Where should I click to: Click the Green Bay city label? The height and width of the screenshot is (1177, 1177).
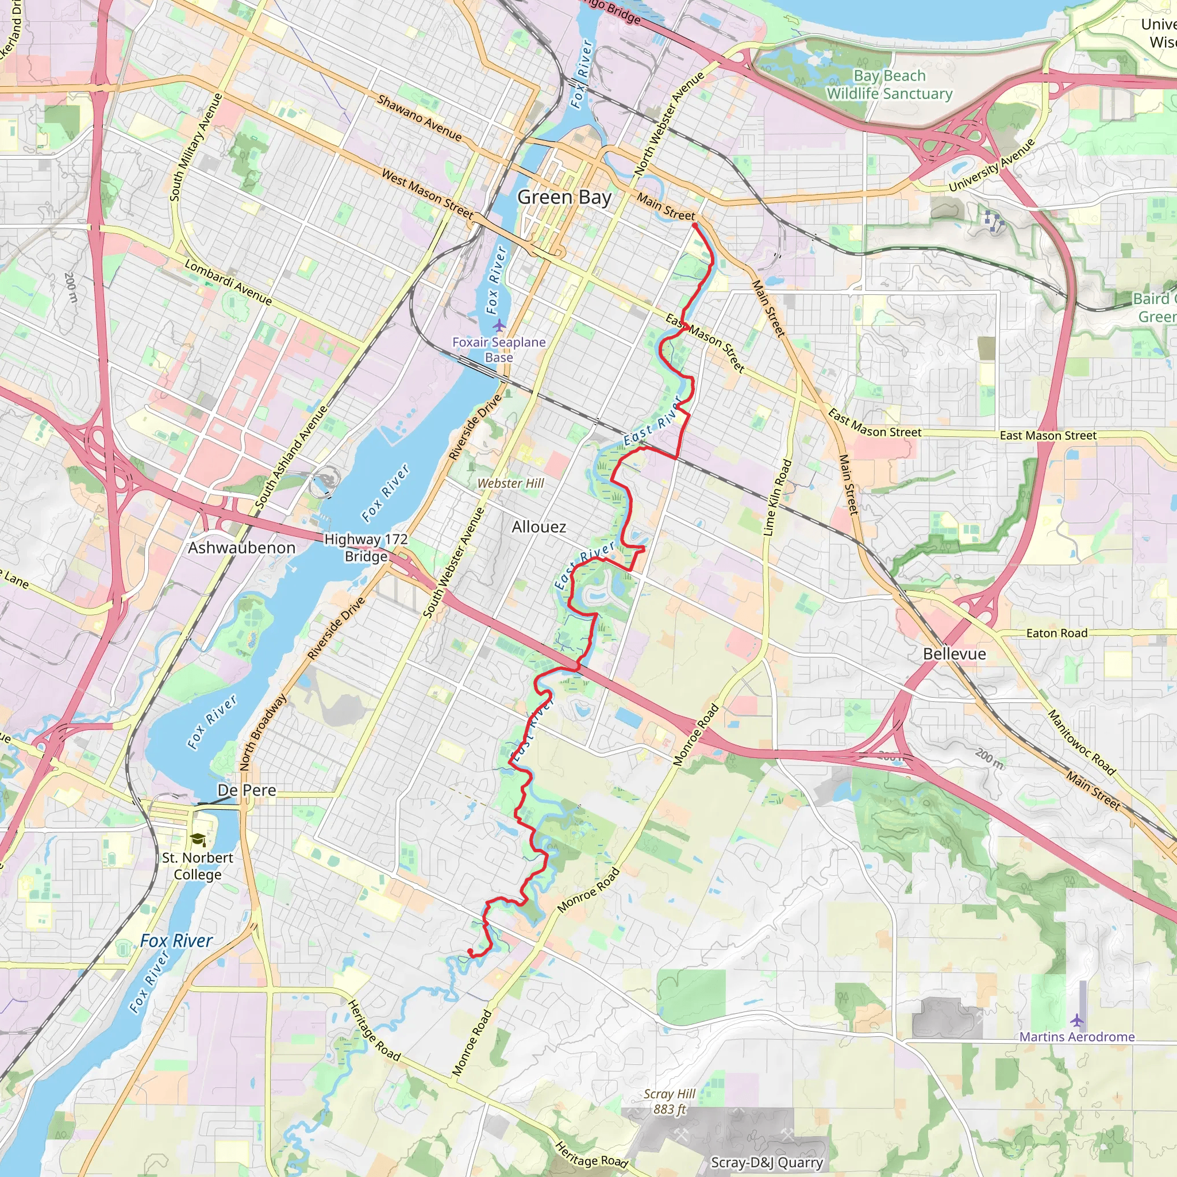coord(564,197)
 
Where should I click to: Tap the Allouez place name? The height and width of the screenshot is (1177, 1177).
coord(539,527)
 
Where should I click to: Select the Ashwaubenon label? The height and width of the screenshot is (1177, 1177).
coord(241,548)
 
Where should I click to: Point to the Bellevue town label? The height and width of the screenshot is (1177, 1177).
coord(954,653)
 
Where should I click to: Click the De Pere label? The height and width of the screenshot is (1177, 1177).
coord(247,790)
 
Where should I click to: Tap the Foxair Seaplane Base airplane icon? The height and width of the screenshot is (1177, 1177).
coord(499,325)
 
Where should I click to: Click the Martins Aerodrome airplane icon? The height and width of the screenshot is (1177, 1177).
coord(1077,1020)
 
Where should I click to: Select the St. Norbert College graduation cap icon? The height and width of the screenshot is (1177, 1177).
coord(198,840)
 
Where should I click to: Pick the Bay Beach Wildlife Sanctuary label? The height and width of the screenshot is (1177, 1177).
coord(890,84)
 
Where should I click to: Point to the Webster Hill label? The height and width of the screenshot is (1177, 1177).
coord(510,483)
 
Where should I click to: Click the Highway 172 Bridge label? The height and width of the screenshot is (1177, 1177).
coord(366,548)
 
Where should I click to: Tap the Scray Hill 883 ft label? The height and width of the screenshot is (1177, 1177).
coord(670,1102)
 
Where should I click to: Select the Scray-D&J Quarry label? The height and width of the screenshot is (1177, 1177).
coord(767,1163)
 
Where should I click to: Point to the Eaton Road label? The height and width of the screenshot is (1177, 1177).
coord(1056,633)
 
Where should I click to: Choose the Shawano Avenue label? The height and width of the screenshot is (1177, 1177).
coord(419,118)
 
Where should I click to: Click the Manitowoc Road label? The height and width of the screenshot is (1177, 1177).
coord(1082,743)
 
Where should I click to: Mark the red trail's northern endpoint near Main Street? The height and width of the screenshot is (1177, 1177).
coord(694,226)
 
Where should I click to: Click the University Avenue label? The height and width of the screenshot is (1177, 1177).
coord(992,165)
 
